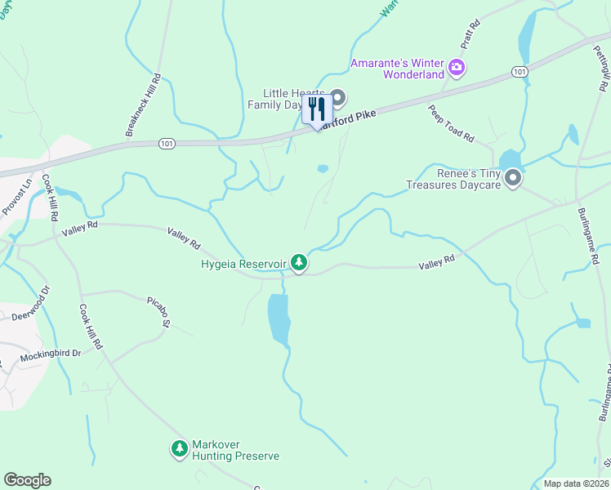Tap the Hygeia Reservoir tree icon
coord(300,263)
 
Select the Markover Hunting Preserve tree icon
coord(180,448)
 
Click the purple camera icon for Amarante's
coord(457,67)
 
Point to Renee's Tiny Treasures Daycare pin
coord(513,177)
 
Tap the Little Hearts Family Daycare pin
coord(337,98)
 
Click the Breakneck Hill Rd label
coord(144,105)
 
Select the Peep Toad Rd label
coord(451,124)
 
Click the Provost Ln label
coord(16,197)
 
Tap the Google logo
coord(27,480)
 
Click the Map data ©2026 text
coord(575,483)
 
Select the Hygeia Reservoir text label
coord(243,264)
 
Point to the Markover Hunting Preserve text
coord(235,451)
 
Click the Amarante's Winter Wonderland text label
coord(396,70)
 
